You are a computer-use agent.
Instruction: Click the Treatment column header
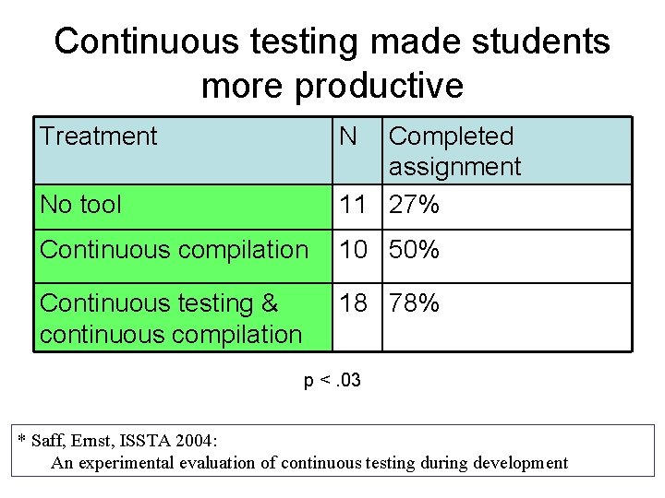(99, 136)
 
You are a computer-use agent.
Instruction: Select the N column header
(347, 136)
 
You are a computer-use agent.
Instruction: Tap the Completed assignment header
(454, 151)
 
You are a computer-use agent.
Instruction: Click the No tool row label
(81, 205)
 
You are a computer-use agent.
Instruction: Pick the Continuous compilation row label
(175, 250)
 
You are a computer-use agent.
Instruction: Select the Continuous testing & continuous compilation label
(171, 318)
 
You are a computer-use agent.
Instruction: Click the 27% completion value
(415, 205)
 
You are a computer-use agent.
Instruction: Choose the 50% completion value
(415, 250)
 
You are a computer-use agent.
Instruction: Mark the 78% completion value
(415, 303)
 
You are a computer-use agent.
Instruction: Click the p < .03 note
(332, 381)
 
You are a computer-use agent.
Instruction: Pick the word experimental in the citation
(130, 462)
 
